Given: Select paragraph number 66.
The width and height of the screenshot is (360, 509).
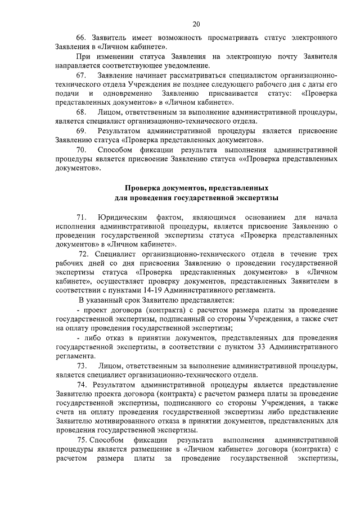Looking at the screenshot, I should [x=81, y=38].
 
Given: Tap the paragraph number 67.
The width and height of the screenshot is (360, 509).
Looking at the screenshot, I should [x=81, y=75].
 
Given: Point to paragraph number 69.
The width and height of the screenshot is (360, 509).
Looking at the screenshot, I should [x=81, y=130].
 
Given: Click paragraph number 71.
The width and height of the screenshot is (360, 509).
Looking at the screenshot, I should [x=81, y=217].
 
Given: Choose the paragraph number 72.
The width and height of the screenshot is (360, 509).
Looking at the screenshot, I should [x=84, y=254].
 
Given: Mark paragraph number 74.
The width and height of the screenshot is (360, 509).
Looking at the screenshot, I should [x=84, y=384].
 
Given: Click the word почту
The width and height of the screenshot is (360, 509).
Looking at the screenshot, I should [x=289, y=56].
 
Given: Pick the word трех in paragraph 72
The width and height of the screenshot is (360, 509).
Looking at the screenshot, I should [x=328, y=254].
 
